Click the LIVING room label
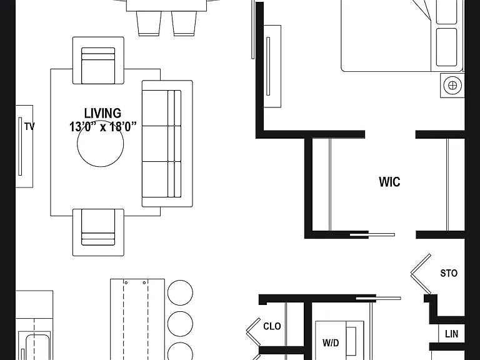[x=102, y=113]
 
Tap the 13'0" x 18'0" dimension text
[x=102, y=126]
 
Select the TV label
[x=29, y=126]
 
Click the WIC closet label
[x=389, y=182]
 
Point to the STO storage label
[x=449, y=273]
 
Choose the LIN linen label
[x=451, y=334]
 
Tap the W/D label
[x=331, y=343]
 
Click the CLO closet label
[x=272, y=326]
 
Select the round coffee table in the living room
[x=101, y=144]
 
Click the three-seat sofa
[x=167, y=144]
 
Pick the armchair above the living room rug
[x=98, y=60]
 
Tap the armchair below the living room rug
[x=98, y=232]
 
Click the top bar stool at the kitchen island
[x=180, y=292]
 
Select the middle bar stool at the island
[x=180, y=324]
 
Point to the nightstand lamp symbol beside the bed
[x=452, y=85]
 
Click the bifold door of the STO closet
[x=421, y=274]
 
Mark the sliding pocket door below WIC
[x=372, y=235]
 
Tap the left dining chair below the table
[x=149, y=23]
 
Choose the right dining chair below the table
[x=184, y=23]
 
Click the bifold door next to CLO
[x=254, y=332]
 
